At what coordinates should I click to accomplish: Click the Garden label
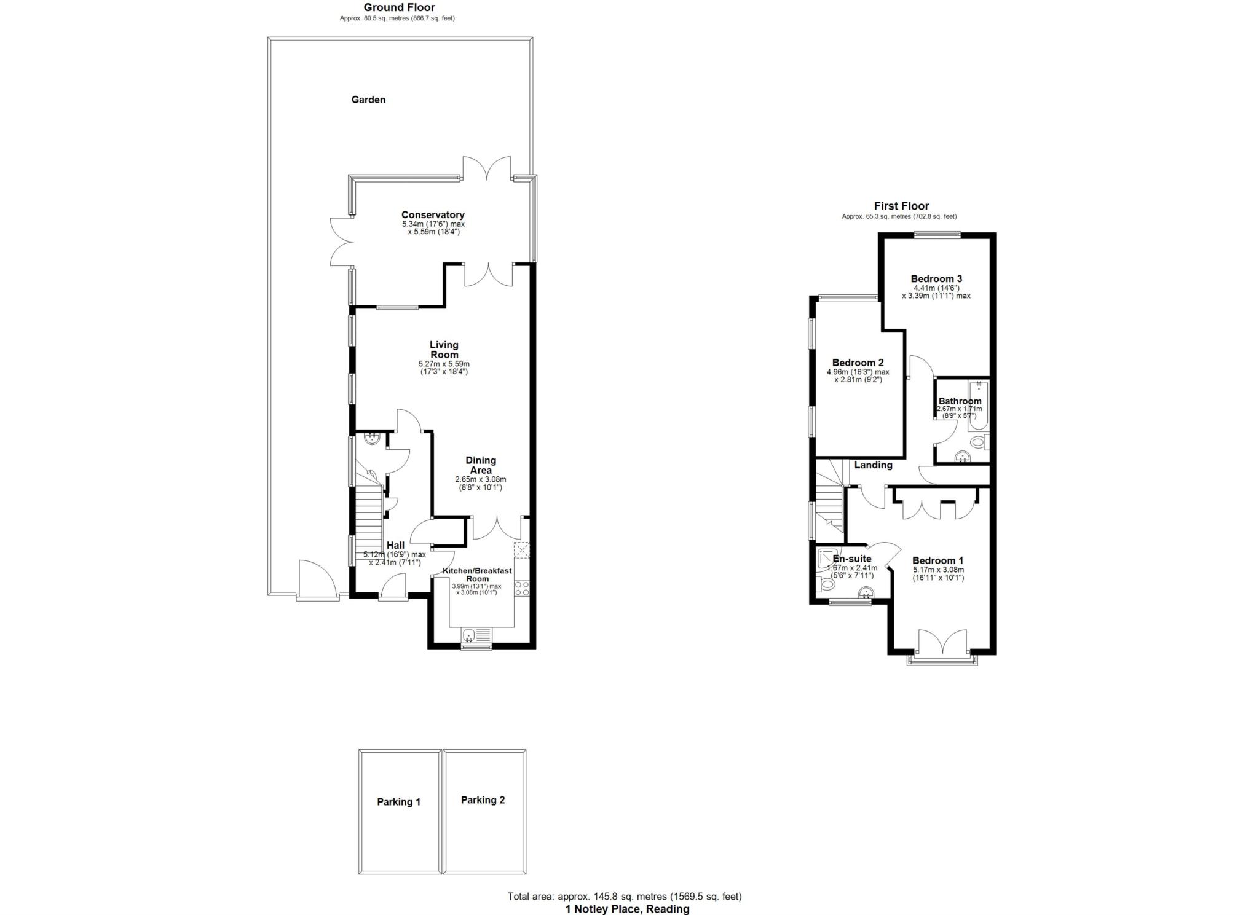point(368,100)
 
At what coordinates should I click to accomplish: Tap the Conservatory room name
point(433,214)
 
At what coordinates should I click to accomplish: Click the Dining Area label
point(481,465)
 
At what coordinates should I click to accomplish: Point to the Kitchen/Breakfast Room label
point(478,575)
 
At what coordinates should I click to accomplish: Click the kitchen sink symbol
point(477,634)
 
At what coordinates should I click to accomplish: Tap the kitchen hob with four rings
point(522,588)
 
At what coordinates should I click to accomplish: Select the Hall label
point(395,545)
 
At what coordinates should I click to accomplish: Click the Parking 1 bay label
point(399,801)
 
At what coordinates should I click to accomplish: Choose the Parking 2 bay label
point(483,799)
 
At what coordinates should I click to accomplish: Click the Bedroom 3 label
point(936,278)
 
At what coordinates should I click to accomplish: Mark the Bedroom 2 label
point(858,363)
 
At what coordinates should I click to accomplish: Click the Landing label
point(873,465)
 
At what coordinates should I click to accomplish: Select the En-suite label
point(851,559)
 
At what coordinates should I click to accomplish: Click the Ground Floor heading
point(399,7)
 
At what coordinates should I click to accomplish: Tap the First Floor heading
point(901,206)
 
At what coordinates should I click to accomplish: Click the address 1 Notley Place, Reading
point(627,909)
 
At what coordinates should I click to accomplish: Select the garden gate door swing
point(317,577)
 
